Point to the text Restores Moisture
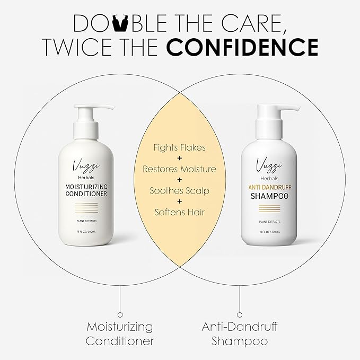tap(179, 169)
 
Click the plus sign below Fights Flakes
tap(179, 158)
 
